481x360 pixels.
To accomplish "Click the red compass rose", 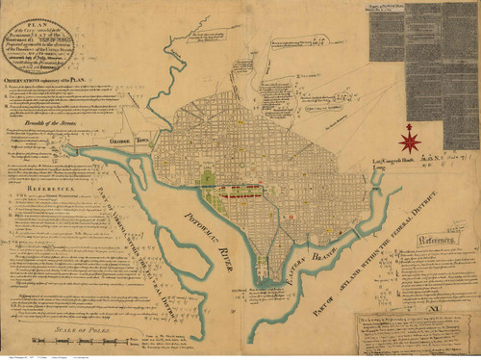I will (411, 140).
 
